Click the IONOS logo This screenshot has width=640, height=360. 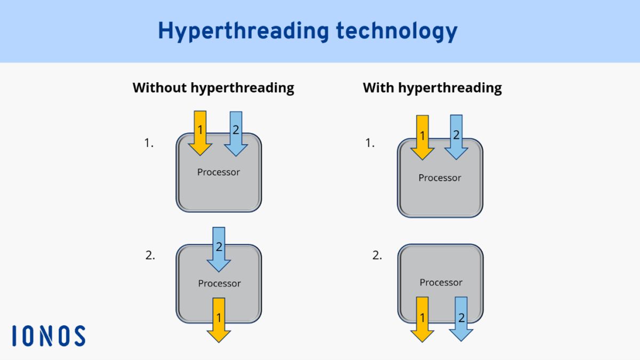click(x=49, y=336)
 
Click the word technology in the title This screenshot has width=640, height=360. click(x=396, y=31)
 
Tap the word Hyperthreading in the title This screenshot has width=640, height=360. click(x=243, y=31)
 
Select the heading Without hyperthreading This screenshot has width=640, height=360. click(x=213, y=87)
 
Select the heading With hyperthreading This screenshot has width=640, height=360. click(x=432, y=87)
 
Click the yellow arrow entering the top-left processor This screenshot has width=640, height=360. click(x=200, y=133)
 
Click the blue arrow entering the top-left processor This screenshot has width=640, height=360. click(x=236, y=133)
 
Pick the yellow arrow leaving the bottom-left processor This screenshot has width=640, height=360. click(x=219, y=320)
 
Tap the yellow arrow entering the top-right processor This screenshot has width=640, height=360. click(x=422, y=137)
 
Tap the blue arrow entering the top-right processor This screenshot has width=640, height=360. click(x=456, y=137)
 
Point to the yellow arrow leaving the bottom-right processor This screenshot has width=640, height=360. click(x=422, y=319)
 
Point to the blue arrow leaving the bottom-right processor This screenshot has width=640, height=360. click(x=461, y=319)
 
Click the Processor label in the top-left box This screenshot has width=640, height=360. click(x=219, y=172)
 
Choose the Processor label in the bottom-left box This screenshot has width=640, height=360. click(x=219, y=283)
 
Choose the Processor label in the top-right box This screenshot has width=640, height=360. click(x=439, y=178)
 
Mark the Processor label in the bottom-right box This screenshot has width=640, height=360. click(x=441, y=282)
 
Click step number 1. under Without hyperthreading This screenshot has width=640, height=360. click(x=149, y=143)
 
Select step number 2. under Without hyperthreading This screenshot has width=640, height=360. click(x=150, y=255)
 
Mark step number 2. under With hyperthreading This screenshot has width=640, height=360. click(x=377, y=255)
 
